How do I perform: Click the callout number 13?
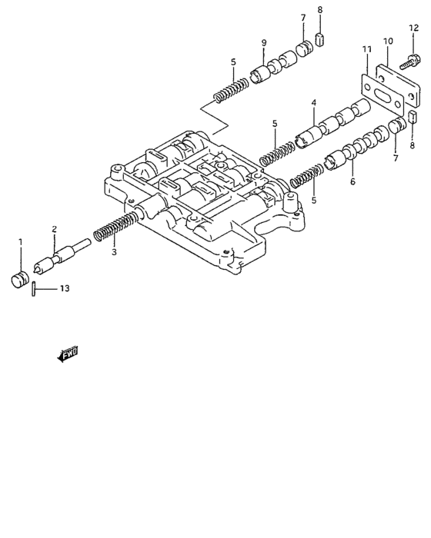(65, 288)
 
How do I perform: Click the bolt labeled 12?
(407, 55)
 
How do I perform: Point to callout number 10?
(388, 40)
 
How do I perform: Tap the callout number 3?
(114, 251)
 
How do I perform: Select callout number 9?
(263, 42)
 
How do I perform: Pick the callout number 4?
(313, 102)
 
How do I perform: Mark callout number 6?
(352, 182)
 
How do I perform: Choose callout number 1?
(21, 243)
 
